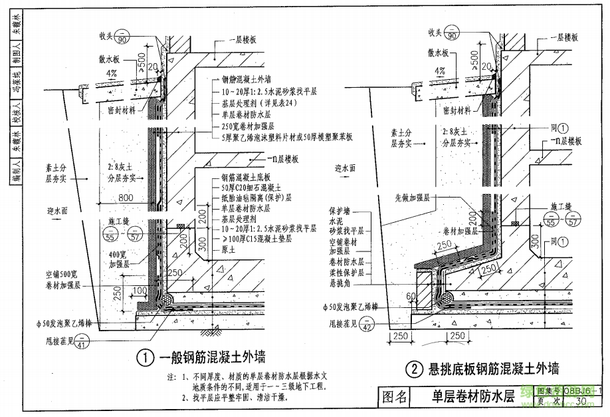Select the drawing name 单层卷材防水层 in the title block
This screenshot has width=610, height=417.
coord(470,397)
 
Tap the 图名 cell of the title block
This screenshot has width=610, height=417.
coord(397,397)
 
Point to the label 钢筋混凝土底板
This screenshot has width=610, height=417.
coord(245,178)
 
